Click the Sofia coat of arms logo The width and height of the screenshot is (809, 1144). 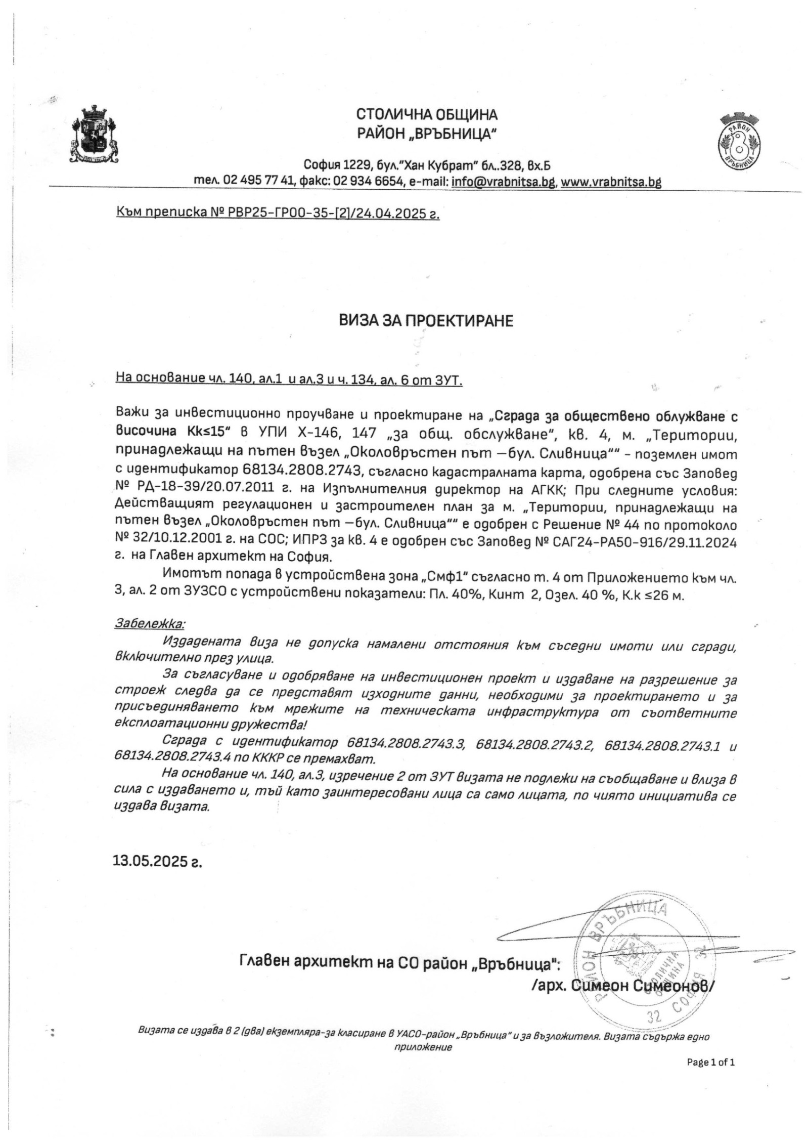pyautogui.click(x=96, y=133)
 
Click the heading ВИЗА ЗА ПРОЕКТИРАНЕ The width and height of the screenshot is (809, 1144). pyautogui.click(x=426, y=321)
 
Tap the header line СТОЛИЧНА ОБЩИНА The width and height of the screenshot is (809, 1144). pyautogui.click(x=426, y=114)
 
